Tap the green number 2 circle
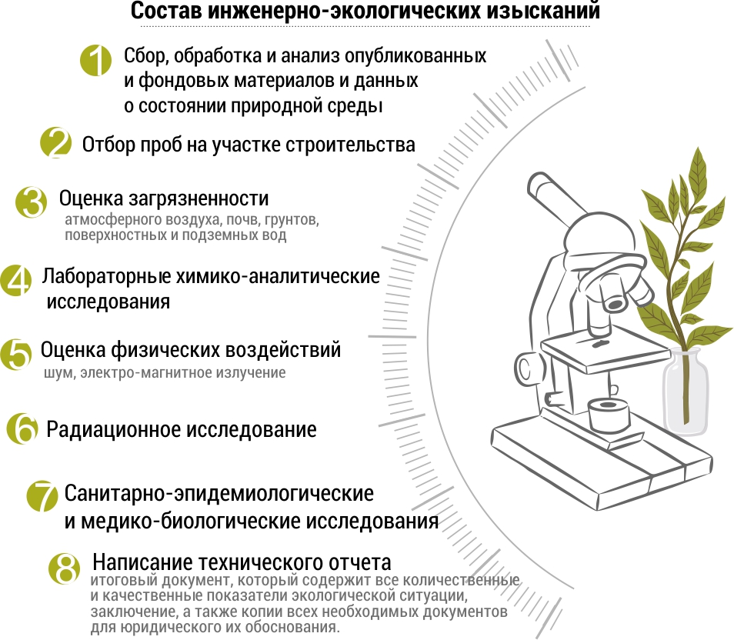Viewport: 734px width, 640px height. click(x=55, y=143)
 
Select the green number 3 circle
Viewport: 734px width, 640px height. click(x=32, y=202)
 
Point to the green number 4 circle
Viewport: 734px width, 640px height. click(x=16, y=282)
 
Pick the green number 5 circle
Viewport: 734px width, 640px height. click(x=16, y=355)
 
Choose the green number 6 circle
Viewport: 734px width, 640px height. click(x=22, y=428)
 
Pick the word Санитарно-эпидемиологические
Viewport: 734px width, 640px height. click(x=219, y=493)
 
